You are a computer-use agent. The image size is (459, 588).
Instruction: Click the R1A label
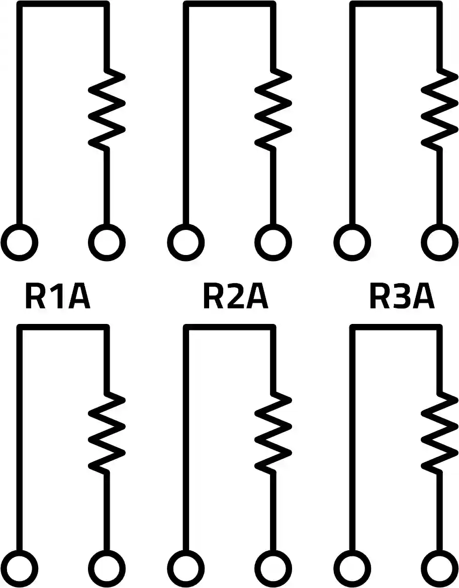57,296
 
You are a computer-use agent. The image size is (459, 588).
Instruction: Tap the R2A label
235,296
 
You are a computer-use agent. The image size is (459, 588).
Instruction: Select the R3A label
402,296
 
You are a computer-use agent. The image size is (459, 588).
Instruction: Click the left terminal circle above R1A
20,243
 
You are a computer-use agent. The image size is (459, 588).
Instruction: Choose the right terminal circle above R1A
107,243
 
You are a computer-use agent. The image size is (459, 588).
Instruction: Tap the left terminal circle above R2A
186,243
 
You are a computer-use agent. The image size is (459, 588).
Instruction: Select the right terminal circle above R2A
273,243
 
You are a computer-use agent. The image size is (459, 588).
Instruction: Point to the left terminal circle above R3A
352,243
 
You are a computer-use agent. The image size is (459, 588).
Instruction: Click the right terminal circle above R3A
439,243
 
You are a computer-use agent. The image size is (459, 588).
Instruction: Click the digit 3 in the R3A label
402,296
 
